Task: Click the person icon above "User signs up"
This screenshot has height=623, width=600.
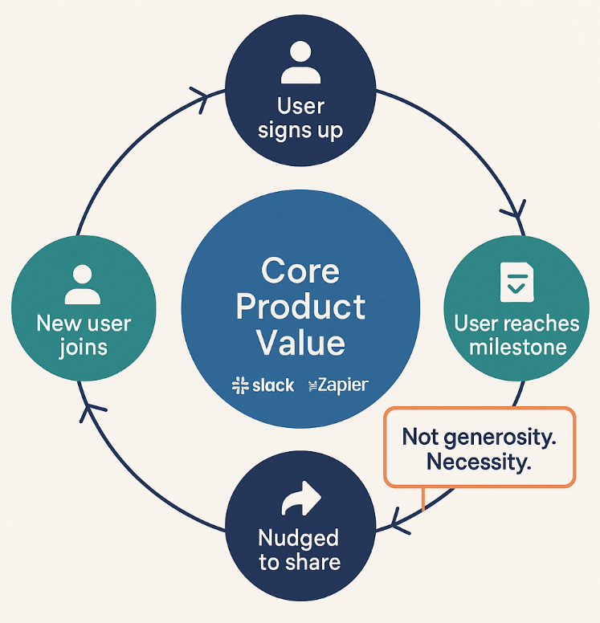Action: (x=300, y=62)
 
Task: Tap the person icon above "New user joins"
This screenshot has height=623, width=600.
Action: (x=83, y=284)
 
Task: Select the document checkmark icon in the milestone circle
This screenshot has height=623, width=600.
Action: (x=516, y=282)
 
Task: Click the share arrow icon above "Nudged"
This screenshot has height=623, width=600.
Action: (x=301, y=499)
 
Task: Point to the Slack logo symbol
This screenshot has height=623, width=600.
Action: (x=240, y=385)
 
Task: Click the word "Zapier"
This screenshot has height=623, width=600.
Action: (x=343, y=385)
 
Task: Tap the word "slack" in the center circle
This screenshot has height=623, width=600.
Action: (x=273, y=385)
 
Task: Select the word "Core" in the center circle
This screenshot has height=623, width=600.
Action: (x=300, y=271)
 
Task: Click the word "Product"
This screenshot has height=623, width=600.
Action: (x=300, y=307)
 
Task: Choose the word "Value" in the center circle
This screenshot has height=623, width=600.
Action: (x=300, y=343)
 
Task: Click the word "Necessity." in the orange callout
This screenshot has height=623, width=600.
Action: (x=480, y=462)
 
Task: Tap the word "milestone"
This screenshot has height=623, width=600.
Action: (x=518, y=348)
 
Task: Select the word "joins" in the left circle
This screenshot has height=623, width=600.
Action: (x=84, y=348)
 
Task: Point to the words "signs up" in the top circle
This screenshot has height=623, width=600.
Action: (x=300, y=131)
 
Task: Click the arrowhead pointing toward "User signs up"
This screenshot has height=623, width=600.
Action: (x=201, y=100)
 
